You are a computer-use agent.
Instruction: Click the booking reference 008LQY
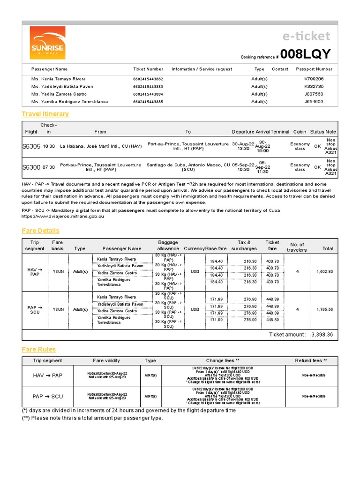306,54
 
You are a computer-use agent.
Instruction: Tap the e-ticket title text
307,36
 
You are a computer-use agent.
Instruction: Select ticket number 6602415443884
148,94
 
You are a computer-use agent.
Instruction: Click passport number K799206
314,79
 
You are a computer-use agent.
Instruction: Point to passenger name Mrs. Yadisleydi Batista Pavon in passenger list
62,86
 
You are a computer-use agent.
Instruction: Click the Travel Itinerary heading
45,114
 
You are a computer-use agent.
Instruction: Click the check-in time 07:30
49,167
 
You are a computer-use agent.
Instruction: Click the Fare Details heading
40,231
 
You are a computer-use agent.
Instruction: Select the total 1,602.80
324,271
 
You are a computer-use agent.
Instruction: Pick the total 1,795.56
324,309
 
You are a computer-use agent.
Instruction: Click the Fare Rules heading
38,349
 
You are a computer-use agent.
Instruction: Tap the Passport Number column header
314,69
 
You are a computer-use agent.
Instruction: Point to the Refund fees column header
311,360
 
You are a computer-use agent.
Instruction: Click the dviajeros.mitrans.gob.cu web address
63,217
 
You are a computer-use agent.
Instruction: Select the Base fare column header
216,248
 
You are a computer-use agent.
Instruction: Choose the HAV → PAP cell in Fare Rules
47,375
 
